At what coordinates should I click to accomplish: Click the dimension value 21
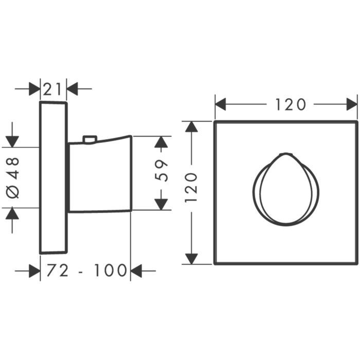52,89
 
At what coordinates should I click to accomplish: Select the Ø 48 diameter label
13,177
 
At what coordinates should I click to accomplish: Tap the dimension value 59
161,171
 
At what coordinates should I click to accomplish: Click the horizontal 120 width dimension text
291,104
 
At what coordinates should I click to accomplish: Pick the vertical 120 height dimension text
191,188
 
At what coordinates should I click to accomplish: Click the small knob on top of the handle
90,139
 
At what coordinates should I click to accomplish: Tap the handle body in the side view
100,174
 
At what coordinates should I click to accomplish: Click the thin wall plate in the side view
53,177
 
